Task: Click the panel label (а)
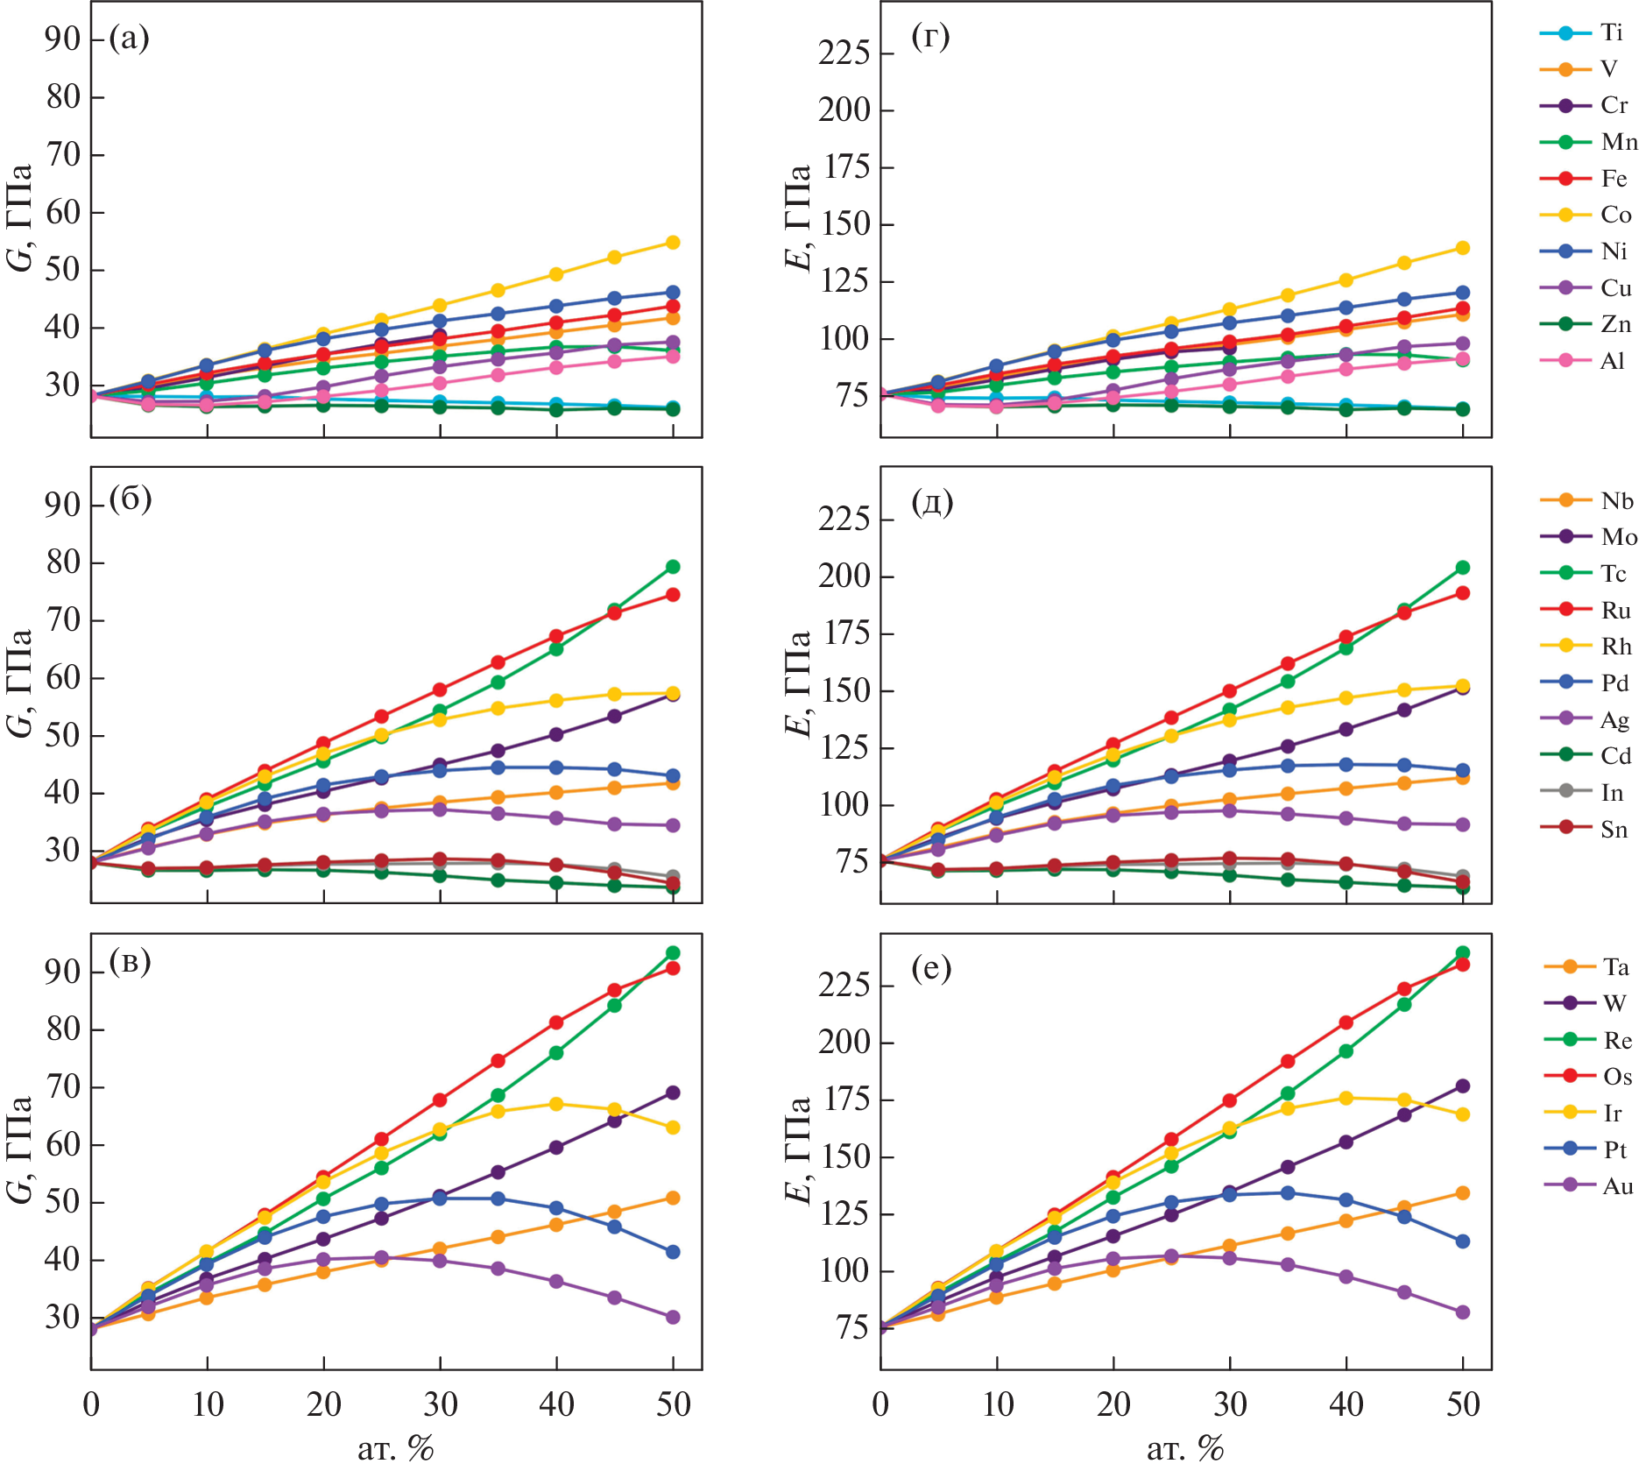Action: pos(130,39)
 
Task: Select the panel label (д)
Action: pos(932,502)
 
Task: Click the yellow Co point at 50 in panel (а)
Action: pos(673,243)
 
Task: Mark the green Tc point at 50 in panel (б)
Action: pos(673,567)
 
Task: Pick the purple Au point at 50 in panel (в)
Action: pos(673,1317)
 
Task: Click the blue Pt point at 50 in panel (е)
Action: pos(1462,1241)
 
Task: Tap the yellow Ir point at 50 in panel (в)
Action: pos(673,1128)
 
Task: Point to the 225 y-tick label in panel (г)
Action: pos(844,53)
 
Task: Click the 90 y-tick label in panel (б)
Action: pos(63,505)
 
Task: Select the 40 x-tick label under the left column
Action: pos(557,1404)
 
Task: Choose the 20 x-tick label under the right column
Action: pos(1113,1404)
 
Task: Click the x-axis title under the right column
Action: pos(1185,1448)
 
